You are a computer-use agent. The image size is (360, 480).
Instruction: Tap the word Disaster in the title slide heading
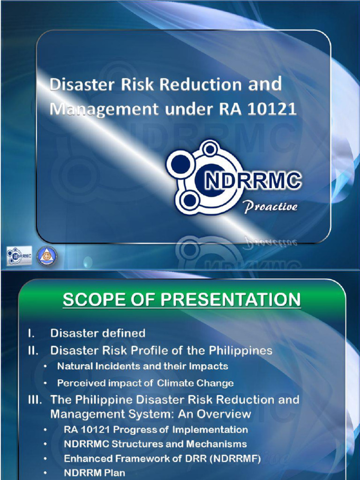[77, 85]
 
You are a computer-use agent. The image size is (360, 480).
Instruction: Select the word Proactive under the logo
[270, 207]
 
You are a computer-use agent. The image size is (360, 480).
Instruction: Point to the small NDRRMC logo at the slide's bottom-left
[19, 256]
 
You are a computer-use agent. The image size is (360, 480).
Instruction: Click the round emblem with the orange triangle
[47, 256]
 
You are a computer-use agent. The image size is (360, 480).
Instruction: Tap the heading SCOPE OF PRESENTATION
[182, 300]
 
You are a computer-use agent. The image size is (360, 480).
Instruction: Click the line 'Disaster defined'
[97, 333]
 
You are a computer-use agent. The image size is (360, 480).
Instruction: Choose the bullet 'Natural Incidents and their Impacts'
[142, 366]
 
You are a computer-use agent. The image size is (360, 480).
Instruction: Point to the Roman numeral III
[33, 400]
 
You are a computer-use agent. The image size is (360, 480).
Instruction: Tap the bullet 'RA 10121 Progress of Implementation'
[156, 429]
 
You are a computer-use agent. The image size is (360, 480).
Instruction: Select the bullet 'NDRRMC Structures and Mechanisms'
[155, 444]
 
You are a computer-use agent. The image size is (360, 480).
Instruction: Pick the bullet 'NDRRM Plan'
[94, 473]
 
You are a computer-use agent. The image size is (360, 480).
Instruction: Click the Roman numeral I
[30, 333]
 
